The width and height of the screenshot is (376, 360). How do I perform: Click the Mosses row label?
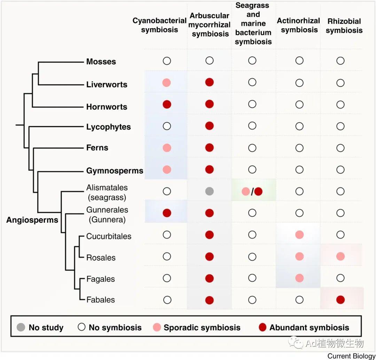click(101, 62)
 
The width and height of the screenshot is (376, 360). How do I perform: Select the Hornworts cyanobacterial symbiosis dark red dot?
click(167, 104)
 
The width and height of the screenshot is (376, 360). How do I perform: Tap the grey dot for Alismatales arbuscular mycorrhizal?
click(209, 191)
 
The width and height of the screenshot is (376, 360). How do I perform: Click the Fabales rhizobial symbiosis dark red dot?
click(340, 299)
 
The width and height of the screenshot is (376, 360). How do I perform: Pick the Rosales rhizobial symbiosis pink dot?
click(340, 256)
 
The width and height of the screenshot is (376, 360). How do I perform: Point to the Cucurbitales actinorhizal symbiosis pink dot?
click(299, 235)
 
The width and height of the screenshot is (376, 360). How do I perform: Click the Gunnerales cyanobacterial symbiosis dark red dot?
click(167, 213)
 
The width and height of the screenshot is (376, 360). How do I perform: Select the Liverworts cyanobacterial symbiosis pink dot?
click(167, 83)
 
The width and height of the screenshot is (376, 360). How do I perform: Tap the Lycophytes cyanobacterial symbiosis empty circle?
click(167, 126)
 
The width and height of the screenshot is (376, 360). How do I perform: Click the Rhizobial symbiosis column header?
click(344, 26)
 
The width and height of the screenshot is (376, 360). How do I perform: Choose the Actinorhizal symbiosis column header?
click(299, 25)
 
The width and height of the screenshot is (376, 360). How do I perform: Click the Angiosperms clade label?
click(32, 220)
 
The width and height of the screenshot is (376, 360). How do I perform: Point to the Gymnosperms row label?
click(115, 171)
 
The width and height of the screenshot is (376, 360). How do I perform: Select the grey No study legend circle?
click(21, 327)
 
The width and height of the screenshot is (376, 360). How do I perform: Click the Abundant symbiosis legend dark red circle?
click(263, 327)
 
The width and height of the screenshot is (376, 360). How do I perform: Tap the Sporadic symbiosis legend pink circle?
click(157, 327)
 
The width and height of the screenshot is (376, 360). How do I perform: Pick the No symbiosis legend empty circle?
click(81, 327)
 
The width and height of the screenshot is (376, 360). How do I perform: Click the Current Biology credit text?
click(351, 356)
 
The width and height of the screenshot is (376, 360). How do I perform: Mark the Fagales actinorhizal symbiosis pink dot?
click(299, 278)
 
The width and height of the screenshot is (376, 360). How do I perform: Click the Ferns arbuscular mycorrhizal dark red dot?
click(209, 148)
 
